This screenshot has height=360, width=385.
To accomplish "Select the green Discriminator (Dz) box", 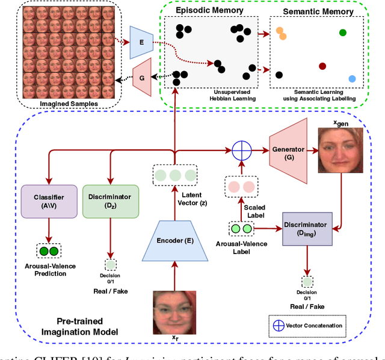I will [x=110, y=201].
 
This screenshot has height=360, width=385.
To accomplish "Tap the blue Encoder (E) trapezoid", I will [x=174, y=241].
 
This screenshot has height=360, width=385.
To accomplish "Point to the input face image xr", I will [x=174, y=312].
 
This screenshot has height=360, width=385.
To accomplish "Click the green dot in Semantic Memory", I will [x=343, y=33].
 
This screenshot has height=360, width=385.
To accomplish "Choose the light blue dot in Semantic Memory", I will [x=352, y=79].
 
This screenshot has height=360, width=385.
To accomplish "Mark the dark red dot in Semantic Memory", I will [x=322, y=66].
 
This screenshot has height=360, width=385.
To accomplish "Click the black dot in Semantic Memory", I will [x=279, y=75].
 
